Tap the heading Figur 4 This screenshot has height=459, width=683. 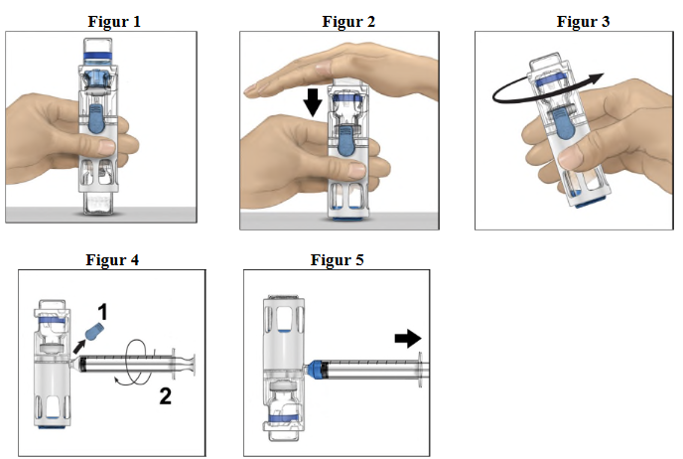[110, 260]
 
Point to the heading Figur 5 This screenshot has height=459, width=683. [337, 260]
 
